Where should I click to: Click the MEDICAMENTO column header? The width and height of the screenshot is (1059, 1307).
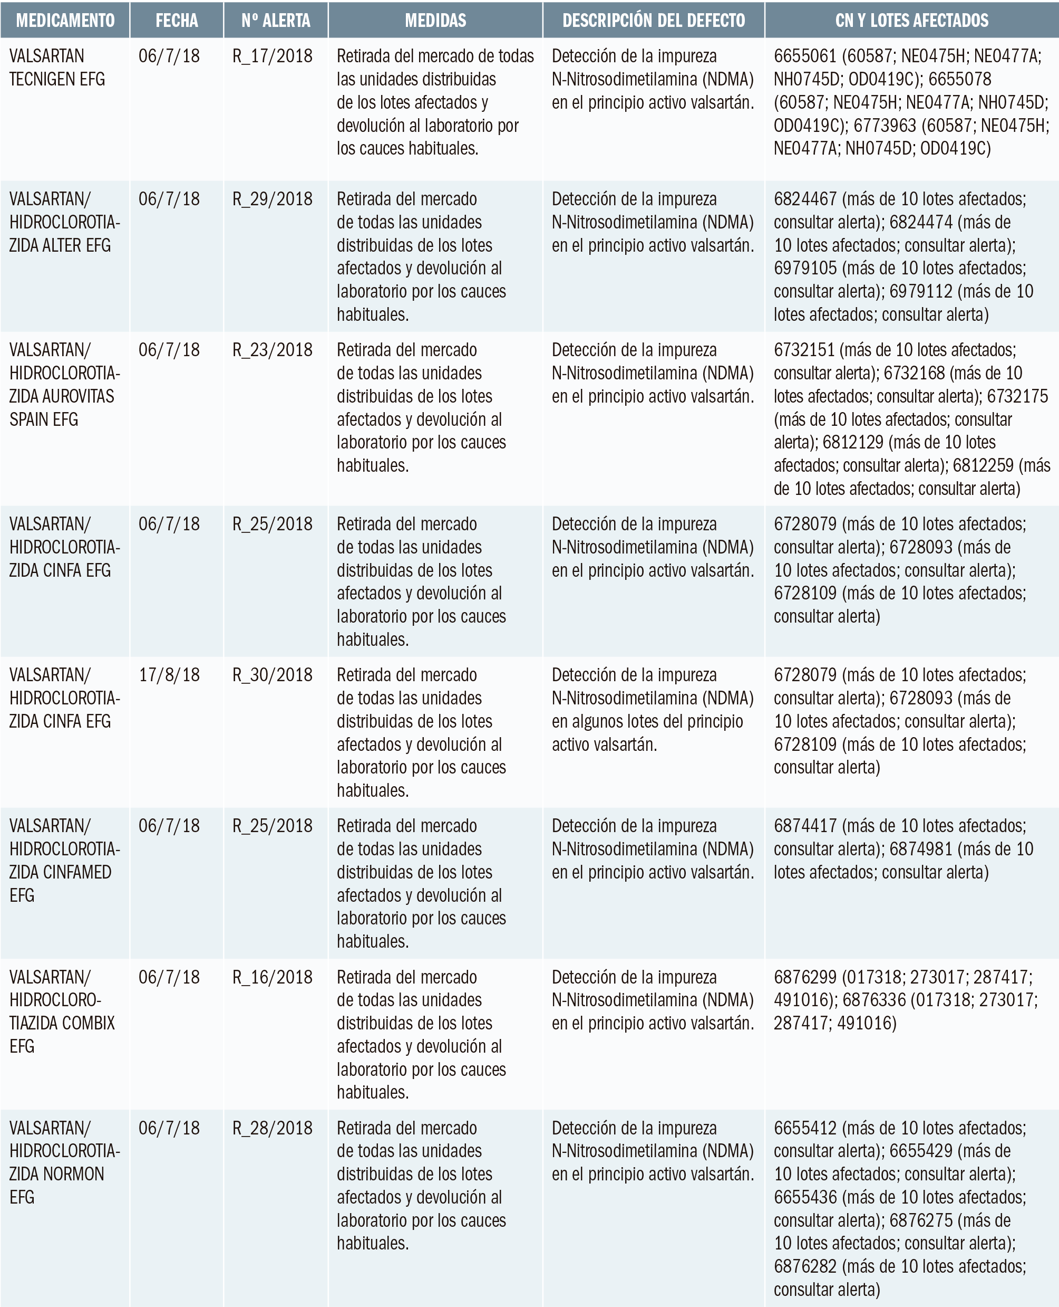[65, 21]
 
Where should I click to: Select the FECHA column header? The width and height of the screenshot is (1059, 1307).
[176, 21]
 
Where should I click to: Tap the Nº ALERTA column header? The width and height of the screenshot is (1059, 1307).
[276, 21]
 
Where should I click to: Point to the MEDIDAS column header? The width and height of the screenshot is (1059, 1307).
[435, 21]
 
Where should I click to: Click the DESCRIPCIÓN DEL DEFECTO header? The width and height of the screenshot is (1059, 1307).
[653, 21]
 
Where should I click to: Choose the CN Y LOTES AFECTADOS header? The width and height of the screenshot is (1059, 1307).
[911, 21]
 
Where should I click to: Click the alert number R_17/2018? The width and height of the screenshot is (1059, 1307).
[272, 56]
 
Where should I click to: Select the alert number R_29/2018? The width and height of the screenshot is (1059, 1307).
[272, 199]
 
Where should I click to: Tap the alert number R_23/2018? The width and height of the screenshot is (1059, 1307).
[272, 350]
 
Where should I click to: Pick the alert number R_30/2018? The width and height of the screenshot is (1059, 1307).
[272, 674]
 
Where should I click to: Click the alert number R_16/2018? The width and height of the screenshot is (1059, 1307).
[272, 977]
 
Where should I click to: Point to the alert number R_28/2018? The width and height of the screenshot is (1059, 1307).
[272, 1128]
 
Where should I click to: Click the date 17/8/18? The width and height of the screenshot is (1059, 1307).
[169, 674]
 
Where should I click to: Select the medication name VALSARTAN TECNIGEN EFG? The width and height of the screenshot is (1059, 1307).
[57, 67]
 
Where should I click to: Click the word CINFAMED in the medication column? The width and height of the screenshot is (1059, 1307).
[76, 872]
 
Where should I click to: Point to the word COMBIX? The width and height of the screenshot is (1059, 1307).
[89, 1023]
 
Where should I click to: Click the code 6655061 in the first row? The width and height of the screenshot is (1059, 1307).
[804, 56]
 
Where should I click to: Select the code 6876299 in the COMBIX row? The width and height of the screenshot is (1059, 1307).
[804, 977]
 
